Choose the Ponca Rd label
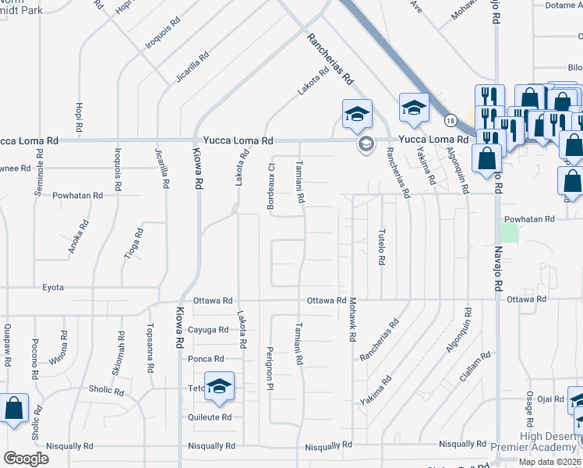click(x=207, y=359)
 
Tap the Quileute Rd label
click(x=210, y=417)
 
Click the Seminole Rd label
click(x=37, y=171)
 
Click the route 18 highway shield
click(x=450, y=120)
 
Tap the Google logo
click(x=26, y=459)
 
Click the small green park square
click(x=509, y=232)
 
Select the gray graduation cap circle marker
click(x=364, y=144)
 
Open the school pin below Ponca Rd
click(x=220, y=387)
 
